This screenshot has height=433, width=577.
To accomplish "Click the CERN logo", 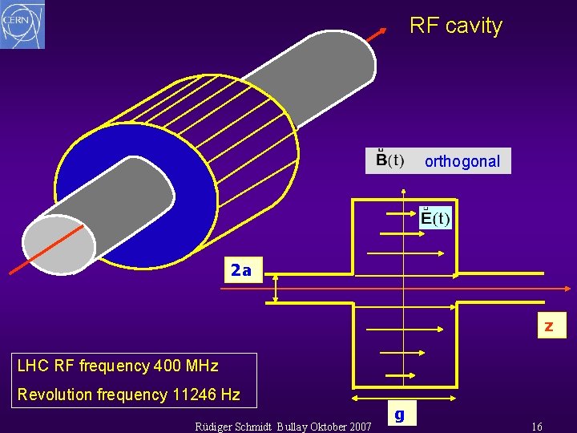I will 22,24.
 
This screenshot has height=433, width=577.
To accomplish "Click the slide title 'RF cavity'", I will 455,26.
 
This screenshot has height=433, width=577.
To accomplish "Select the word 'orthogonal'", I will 462,161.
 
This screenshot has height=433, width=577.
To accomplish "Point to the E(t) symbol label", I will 436,218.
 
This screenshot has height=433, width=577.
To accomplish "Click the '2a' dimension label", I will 240,270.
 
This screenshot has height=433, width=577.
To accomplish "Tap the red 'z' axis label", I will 549,326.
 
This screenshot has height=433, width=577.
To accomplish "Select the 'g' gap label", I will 399,415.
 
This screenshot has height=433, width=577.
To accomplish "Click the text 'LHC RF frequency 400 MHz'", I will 118,366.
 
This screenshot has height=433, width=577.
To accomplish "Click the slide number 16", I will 537,427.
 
